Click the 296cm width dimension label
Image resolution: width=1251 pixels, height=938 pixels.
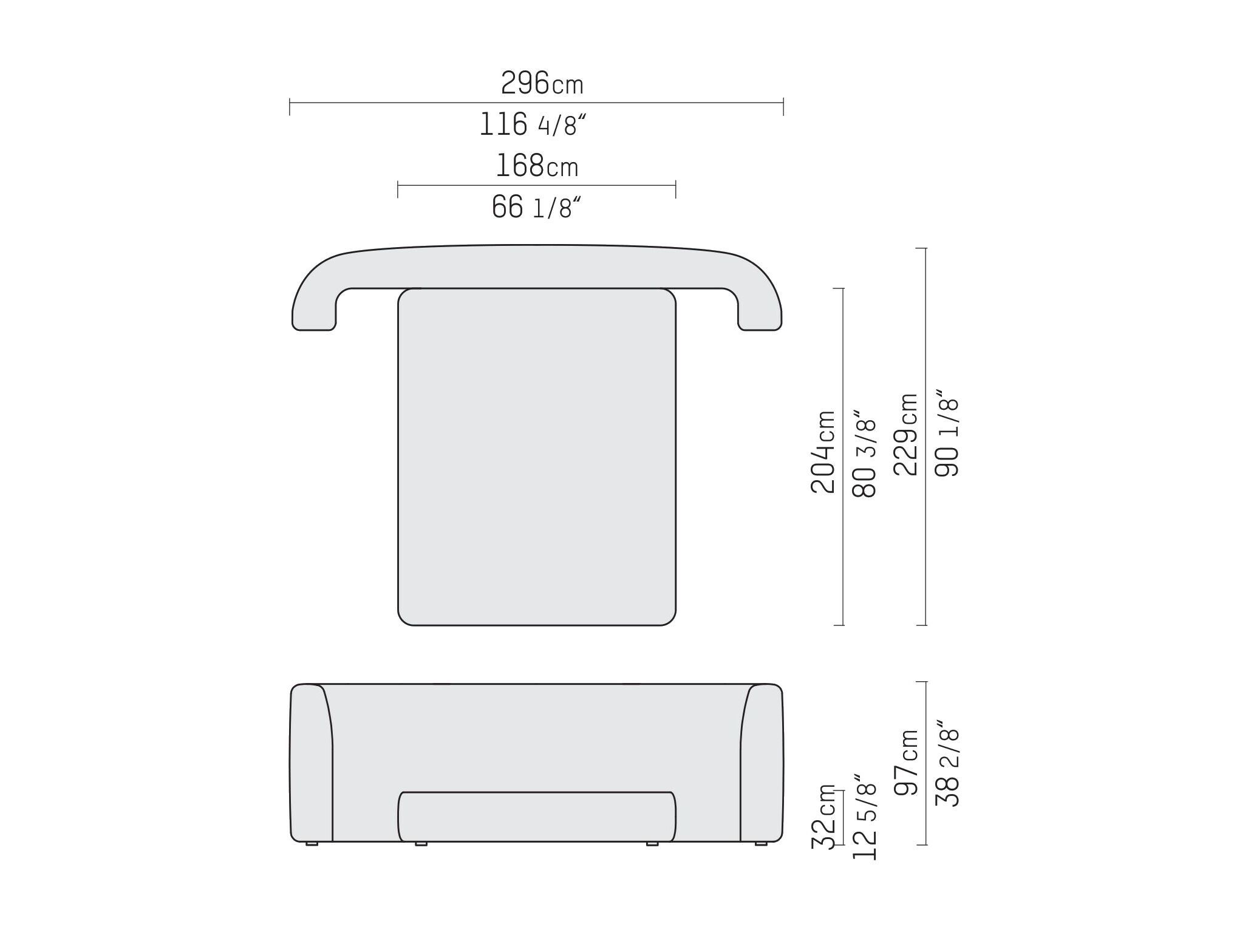click(x=542, y=83)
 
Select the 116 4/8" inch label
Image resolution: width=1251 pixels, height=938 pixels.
click(x=533, y=124)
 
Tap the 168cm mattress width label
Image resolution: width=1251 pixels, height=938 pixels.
click(x=537, y=166)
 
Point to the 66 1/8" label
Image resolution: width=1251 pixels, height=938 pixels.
click(x=536, y=208)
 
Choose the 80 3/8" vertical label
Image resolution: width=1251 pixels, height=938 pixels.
click(x=865, y=452)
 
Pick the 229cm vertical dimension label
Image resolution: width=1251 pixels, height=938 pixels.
click(x=906, y=434)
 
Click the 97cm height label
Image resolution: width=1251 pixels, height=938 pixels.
click(x=906, y=763)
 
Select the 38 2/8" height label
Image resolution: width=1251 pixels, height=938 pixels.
click(x=947, y=763)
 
